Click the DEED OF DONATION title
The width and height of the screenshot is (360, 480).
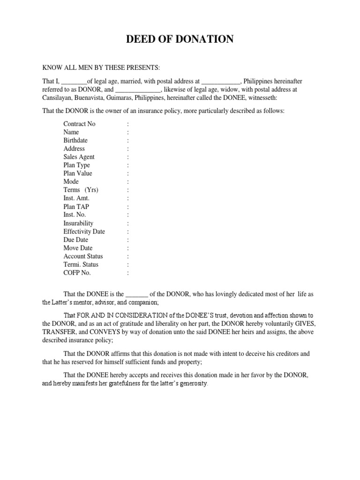coord(180,39)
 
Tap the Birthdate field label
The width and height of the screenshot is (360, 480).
coord(75,141)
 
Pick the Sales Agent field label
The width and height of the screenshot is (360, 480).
coord(79,157)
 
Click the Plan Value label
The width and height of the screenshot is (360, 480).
coord(78,173)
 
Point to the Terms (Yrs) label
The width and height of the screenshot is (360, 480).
coord(81,190)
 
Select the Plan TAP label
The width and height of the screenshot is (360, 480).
coord(76,206)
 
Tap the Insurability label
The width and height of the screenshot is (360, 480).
coord(78,224)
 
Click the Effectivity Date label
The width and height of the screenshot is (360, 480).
coord(84,232)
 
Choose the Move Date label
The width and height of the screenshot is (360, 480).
coord(78,248)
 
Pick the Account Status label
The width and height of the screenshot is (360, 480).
coord(83,256)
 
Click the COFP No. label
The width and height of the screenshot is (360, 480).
coord(77,273)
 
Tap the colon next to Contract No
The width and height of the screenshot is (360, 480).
coord(127,124)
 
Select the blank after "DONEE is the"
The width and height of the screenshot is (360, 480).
coord(137,294)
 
